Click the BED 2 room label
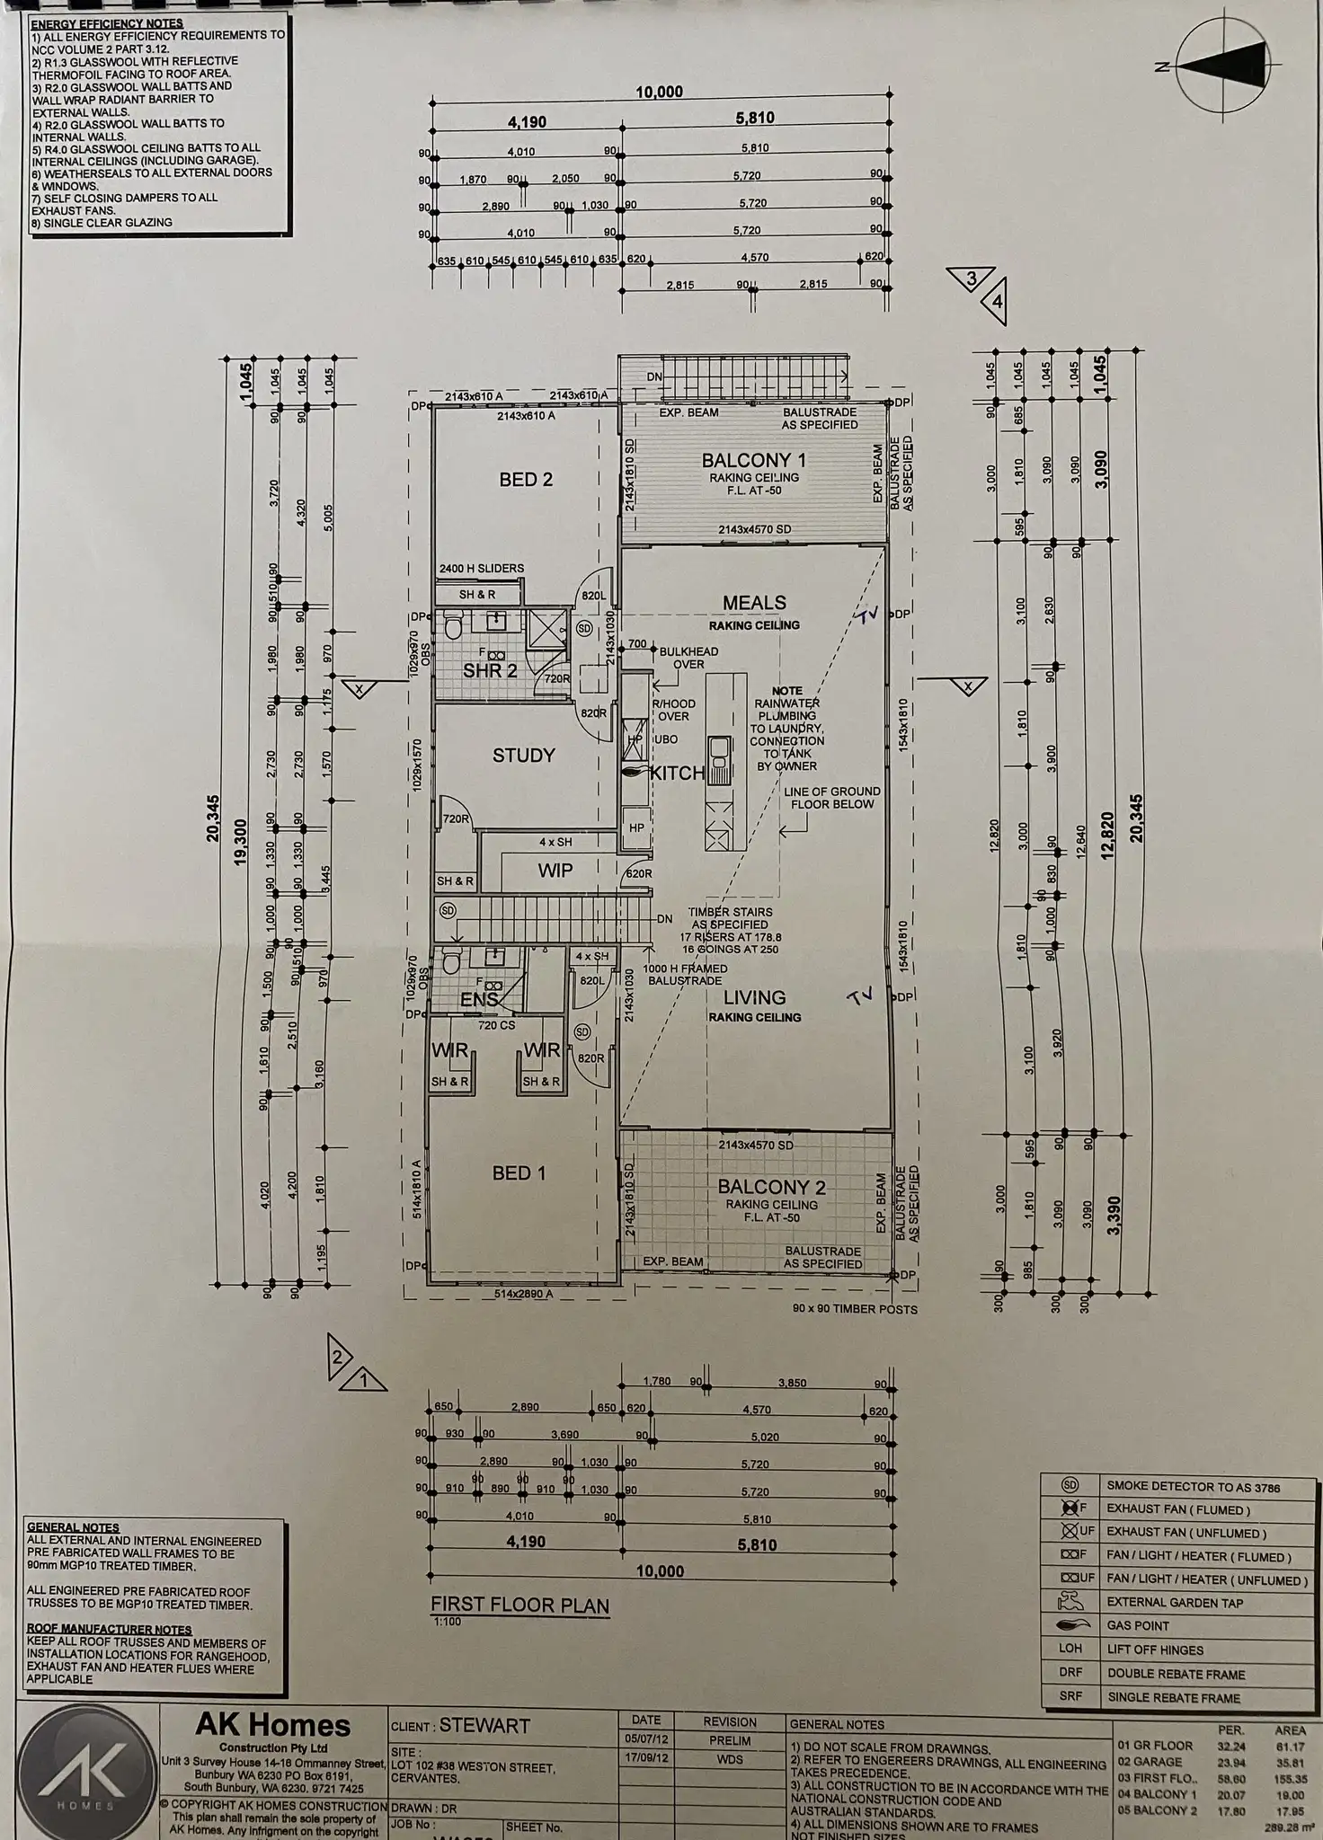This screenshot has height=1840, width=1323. (x=526, y=480)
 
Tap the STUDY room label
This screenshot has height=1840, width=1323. (x=523, y=756)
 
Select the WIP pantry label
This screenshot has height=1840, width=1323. (x=555, y=871)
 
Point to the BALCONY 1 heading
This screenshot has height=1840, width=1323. (x=753, y=460)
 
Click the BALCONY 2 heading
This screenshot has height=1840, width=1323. (x=771, y=1187)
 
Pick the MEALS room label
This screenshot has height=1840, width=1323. (x=754, y=603)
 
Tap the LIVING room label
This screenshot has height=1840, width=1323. (x=754, y=997)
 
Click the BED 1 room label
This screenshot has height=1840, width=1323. (x=519, y=1172)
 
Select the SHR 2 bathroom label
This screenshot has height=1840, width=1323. (x=490, y=670)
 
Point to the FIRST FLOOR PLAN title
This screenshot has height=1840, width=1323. (x=519, y=1606)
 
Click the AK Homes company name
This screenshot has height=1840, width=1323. (x=272, y=1725)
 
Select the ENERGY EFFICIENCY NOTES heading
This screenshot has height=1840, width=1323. (x=107, y=23)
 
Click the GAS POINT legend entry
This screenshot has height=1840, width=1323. (x=1138, y=1625)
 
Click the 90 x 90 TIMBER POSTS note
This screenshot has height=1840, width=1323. (x=855, y=1309)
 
